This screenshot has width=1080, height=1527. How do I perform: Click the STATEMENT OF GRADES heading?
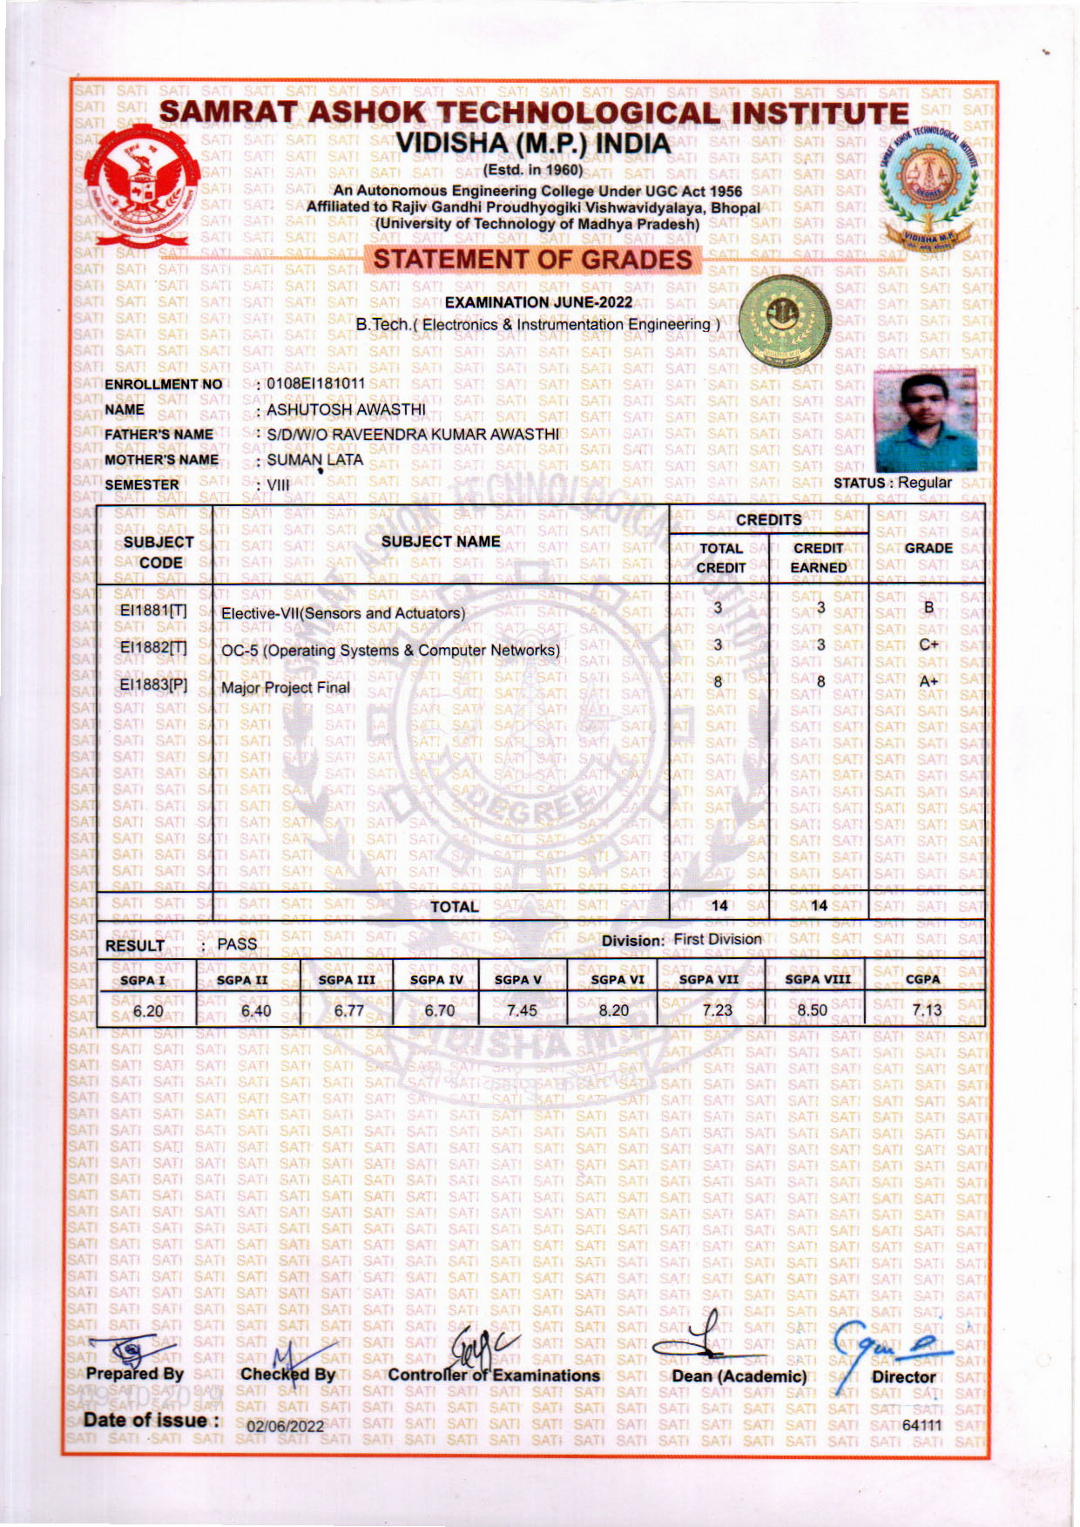(x=532, y=259)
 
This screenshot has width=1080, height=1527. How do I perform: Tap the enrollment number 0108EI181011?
(x=315, y=383)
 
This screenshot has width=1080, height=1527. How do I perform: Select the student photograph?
(x=924, y=420)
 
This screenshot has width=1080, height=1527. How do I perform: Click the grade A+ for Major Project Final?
(x=929, y=681)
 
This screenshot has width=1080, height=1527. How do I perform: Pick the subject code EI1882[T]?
(x=153, y=647)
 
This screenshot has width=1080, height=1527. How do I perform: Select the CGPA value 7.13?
(x=927, y=1010)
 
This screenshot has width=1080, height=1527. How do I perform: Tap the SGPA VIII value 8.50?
(x=813, y=1010)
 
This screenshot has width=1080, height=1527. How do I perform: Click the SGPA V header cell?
(x=517, y=979)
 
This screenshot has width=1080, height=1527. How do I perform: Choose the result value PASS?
(x=237, y=943)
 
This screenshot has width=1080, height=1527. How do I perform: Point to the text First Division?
(x=718, y=939)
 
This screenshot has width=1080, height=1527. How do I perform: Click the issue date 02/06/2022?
(x=286, y=1426)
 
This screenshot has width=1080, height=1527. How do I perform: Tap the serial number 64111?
(x=922, y=1424)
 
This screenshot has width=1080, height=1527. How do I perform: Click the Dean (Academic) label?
(x=739, y=1376)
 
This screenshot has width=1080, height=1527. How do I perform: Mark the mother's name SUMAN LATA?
(x=314, y=459)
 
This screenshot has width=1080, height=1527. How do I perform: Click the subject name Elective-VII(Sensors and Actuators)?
(x=343, y=613)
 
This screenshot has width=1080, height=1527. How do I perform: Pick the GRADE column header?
(x=928, y=548)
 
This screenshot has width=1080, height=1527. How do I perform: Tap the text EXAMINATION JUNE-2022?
(x=538, y=302)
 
